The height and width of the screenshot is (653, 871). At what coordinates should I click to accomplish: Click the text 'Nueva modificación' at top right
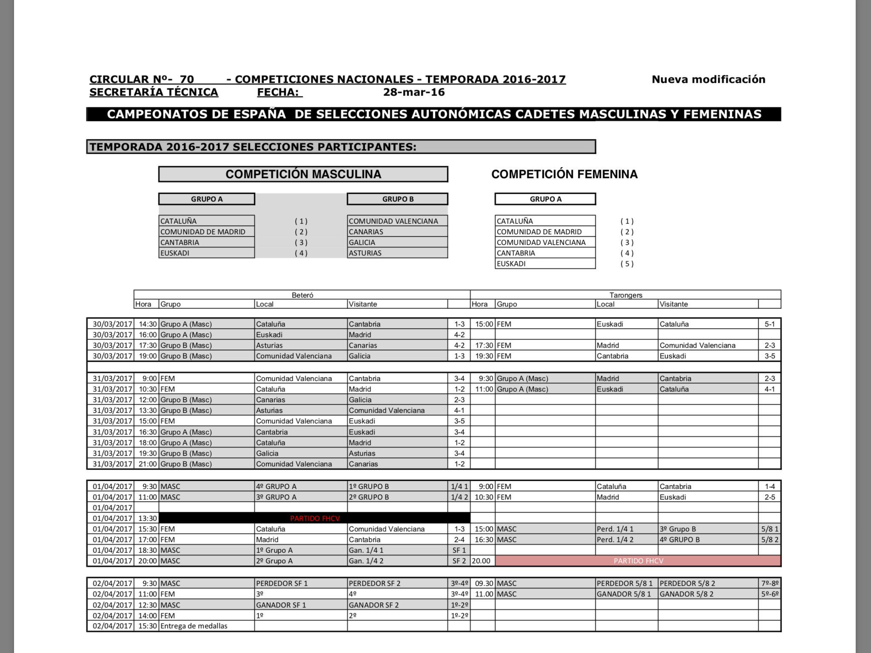pyautogui.click(x=708, y=79)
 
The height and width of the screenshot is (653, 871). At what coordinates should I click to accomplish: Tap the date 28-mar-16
pyautogui.click(x=414, y=92)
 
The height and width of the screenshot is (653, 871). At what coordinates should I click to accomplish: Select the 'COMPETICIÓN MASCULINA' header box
pyautogui.click(x=303, y=174)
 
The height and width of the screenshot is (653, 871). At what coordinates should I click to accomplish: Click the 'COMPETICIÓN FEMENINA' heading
pyautogui.click(x=564, y=174)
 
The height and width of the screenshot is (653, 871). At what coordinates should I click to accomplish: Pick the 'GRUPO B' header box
pyautogui.click(x=398, y=199)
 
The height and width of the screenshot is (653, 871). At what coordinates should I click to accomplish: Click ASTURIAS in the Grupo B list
pyautogui.click(x=365, y=253)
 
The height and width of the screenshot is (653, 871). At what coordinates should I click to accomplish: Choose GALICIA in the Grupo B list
pyautogui.click(x=362, y=242)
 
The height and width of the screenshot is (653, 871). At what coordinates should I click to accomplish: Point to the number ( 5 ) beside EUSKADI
pyautogui.click(x=627, y=264)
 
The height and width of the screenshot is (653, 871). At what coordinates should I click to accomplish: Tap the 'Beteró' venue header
pyautogui.click(x=302, y=295)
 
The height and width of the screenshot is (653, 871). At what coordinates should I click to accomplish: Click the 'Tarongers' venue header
pyautogui.click(x=626, y=295)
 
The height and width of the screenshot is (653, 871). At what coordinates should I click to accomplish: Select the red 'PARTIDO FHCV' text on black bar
pyautogui.click(x=315, y=518)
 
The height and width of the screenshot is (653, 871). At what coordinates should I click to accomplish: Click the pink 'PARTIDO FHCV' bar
pyautogui.click(x=638, y=561)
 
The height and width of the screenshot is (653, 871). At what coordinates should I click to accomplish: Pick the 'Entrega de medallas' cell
pyautogui.click(x=194, y=626)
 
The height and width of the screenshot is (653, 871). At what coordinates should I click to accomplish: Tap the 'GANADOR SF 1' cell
pyautogui.click(x=281, y=605)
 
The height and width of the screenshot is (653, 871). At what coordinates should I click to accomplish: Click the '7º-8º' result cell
pyautogui.click(x=770, y=583)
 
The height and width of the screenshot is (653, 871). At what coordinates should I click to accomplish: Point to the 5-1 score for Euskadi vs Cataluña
pyautogui.click(x=770, y=324)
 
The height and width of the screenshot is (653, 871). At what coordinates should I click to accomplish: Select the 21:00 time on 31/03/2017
pyautogui.click(x=148, y=464)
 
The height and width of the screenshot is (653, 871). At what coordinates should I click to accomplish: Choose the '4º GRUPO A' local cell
pyautogui.click(x=276, y=486)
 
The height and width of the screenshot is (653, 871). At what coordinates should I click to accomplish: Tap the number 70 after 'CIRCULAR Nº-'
pyautogui.click(x=187, y=79)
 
